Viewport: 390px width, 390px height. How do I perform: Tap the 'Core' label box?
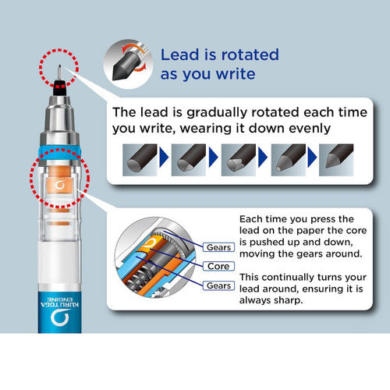(x=218, y=266)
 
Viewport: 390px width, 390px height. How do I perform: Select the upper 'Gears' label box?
(x=218, y=247)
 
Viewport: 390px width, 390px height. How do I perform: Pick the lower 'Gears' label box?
(x=218, y=285)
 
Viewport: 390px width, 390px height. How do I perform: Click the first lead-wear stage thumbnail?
(x=140, y=160)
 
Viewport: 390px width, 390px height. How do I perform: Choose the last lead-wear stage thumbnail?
(x=336, y=160)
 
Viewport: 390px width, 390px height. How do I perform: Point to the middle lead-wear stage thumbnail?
(x=239, y=160)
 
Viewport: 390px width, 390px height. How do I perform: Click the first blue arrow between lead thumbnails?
(x=164, y=158)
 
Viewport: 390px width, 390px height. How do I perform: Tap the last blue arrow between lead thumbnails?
(x=312, y=158)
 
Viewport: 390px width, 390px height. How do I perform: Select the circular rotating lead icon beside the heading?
(x=128, y=64)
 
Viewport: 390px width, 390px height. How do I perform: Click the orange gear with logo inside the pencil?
(x=59, y=185)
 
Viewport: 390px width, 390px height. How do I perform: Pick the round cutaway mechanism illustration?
(x=155, y=257)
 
